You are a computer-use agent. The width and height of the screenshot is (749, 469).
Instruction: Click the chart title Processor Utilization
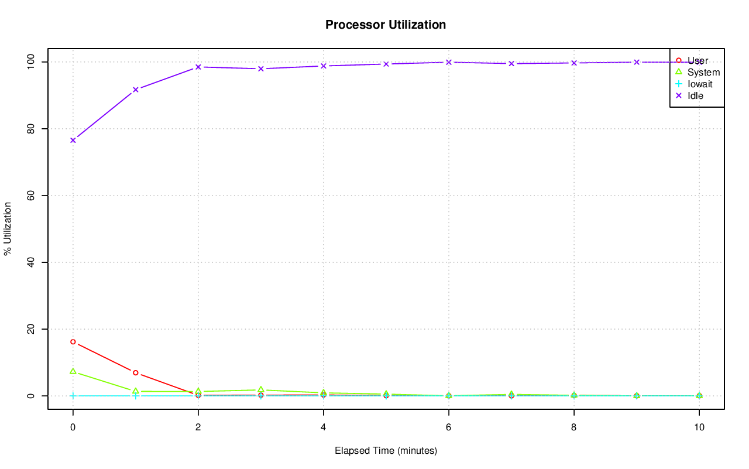[x=386, y=25]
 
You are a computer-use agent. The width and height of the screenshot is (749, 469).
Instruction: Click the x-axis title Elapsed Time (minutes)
[x=386, y=451]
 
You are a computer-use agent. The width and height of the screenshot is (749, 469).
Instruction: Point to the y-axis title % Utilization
[x=8, y=229]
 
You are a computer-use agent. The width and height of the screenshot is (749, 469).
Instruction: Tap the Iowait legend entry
[x=700, y=84]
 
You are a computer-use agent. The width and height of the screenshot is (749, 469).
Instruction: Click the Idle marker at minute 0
[x=73, y=140]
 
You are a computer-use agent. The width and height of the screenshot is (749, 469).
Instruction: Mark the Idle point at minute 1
[x=136, y=90]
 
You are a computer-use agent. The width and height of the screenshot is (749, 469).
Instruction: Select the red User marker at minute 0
[x=73, y=341]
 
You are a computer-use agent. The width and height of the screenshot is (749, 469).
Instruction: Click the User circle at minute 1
[x=136, y=372]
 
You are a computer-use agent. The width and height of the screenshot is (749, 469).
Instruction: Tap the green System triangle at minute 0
[x=73, y=371]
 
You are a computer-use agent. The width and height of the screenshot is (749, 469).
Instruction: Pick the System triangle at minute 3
[x=261, y=389]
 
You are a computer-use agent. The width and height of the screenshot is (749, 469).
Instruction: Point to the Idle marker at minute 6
[x=449, y=62]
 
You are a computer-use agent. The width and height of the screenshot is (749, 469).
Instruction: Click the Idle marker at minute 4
[x=324, y=66]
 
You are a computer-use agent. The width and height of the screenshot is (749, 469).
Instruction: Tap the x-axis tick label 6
[x=449, y=427]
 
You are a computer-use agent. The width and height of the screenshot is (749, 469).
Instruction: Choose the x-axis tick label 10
[x=699, y=427]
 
